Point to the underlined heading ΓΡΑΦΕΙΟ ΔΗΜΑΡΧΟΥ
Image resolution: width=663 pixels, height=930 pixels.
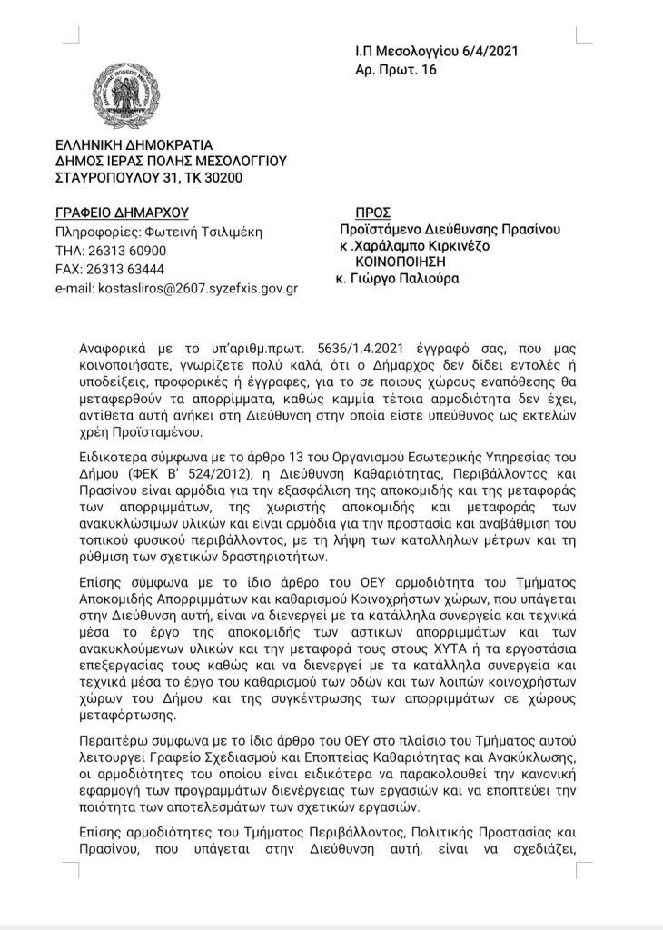121,213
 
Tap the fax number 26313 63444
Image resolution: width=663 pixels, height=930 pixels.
127,270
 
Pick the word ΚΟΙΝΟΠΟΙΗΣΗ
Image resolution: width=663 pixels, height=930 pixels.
404,262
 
